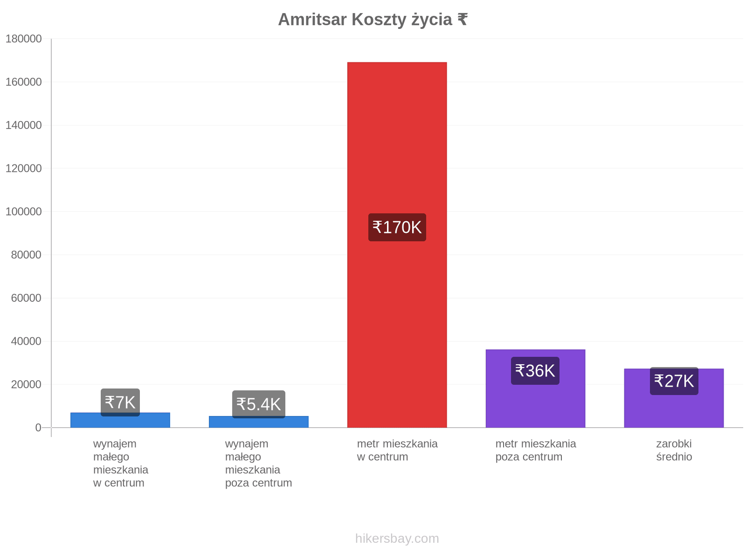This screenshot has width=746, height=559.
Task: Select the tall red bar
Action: click(x=397, y=245)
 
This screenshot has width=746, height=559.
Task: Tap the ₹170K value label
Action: click(x=397, y=227)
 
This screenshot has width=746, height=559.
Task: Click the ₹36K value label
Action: click(x=535, y=371)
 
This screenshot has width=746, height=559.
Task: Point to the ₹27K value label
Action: click(x=674, y=381)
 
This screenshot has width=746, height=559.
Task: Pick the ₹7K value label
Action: click(x=120, y=402)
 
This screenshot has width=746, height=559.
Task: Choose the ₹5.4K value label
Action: click(x=259, y=404)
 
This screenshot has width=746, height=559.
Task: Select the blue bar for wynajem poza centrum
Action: click(x=259, y=422)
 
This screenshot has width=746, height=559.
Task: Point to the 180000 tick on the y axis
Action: click(x=23, y=39)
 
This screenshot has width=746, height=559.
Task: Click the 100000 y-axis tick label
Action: click(x=23, y=211)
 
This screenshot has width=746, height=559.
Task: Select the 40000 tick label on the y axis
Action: click(x=26, y=341)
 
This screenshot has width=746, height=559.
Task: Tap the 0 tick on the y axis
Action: click(x=38, y=428)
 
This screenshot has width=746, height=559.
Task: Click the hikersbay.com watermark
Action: click(x=397, y=539)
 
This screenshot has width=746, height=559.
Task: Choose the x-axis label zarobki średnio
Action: click(x=674, y=450)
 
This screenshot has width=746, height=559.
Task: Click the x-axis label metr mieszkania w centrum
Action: click(x=397, y=450)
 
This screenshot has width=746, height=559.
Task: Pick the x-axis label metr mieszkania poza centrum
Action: click(x=535, y=450)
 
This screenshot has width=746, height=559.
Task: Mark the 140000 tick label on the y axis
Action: click(x=23, y=125)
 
